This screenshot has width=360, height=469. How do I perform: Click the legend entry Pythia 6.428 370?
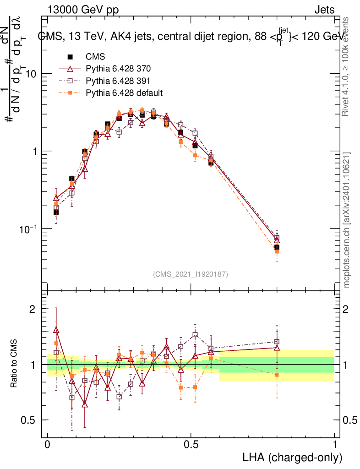[x=118, y=69]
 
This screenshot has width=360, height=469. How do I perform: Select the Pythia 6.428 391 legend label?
[x=118, y=81]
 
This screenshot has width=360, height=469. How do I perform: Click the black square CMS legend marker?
[x=71, y=57]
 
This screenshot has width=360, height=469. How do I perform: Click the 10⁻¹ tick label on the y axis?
[x=28, y=229]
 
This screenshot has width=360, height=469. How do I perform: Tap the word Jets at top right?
[x=324, y=10]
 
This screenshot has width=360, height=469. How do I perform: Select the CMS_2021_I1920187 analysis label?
[x=191, y=274]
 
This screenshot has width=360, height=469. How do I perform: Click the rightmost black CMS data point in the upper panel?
[x=277, y=247]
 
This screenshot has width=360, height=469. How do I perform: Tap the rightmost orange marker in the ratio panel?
[x=277, y=375]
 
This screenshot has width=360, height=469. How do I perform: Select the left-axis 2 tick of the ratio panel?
[x=32, y=309]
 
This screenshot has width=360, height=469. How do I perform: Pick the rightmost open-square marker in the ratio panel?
[x=277, y=341]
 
